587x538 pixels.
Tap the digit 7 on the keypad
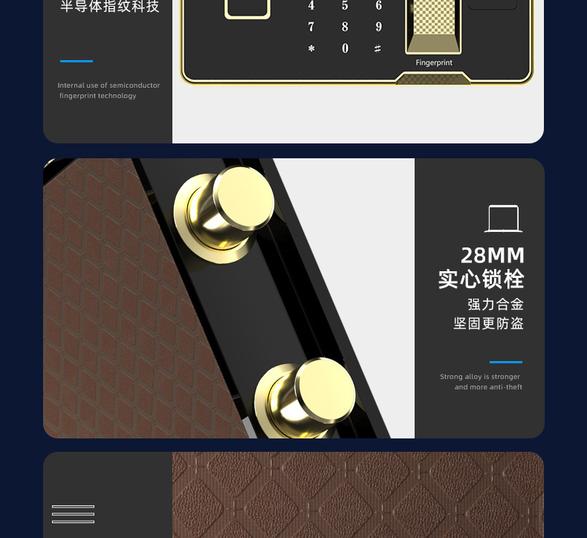[311, 27]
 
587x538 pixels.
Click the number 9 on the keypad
[378, 27]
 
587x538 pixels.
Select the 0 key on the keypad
[345, 48]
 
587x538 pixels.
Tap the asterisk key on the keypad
[311, 48]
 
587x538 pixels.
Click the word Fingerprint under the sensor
[434, 62]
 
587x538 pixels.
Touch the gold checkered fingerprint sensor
[433, 26]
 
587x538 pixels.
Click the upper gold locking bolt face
[244, 198]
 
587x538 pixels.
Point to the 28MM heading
[493, 256]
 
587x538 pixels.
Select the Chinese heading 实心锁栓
[481, 279]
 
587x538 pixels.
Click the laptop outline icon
[504, 218]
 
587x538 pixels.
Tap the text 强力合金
[496, 305]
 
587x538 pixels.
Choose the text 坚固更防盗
[488, 323]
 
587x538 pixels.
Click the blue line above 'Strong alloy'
[506, 362]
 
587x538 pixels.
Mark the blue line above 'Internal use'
[77, 61]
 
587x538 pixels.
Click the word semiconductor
[134, 85]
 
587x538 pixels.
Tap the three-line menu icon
[73, 514]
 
